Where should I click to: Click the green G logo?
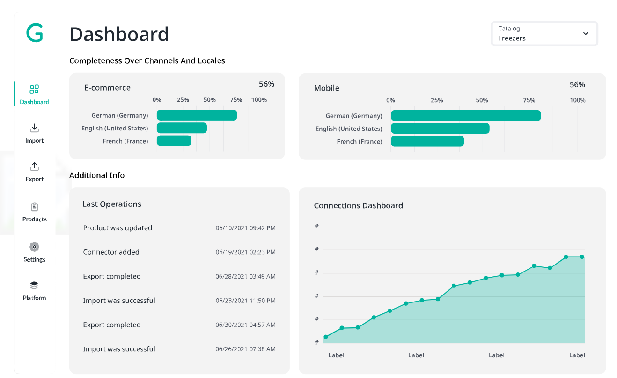(35, 33)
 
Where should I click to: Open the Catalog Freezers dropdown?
(544, 34)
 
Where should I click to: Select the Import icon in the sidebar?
(34, 128)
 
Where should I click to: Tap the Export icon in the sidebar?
(34, 166)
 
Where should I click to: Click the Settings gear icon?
(34, 247)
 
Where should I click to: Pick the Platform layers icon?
(34, 286)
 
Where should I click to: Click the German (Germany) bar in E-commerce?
(197, 115)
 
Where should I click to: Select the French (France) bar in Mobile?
(427, 141)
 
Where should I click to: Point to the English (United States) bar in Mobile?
(440, 129)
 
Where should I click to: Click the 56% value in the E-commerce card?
(266, 84)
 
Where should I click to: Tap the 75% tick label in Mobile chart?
(529, 100)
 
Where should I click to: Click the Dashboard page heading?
(119, 34)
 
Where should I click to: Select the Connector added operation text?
(111, 252)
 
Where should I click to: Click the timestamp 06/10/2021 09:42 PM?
(245, 228)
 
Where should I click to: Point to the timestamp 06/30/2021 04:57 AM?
(245, 325)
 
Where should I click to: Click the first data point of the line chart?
(326, 337)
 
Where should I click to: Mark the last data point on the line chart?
(582, 257)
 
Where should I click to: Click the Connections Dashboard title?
(358, 205)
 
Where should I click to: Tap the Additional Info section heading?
(97, 175)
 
